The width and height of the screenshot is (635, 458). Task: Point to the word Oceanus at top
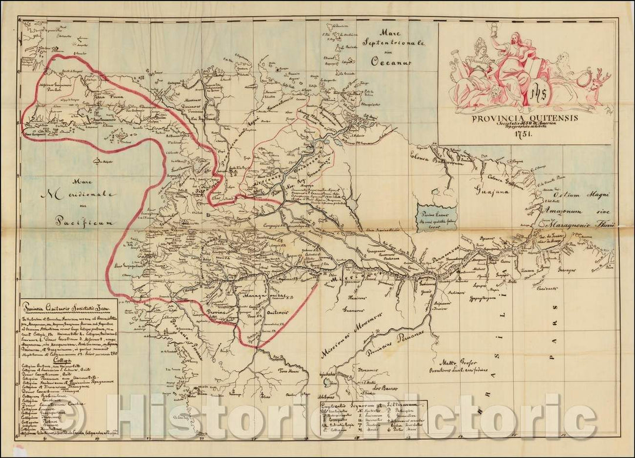[386, 61]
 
